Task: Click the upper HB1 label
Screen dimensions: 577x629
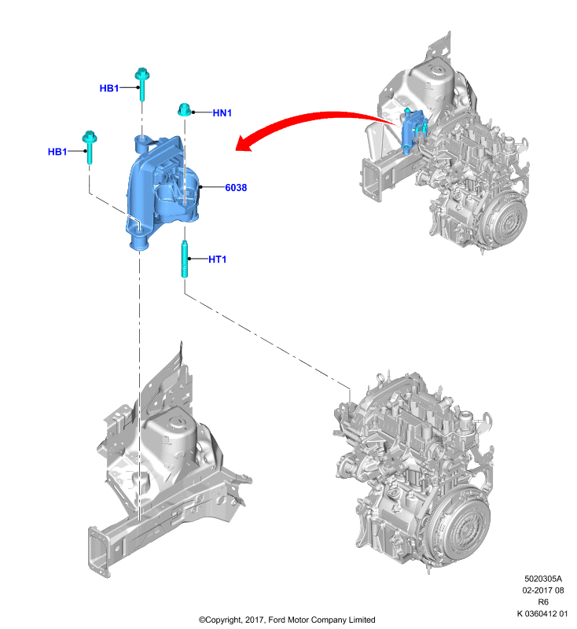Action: pos(109,88)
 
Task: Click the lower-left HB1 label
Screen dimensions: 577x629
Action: pos(57,152)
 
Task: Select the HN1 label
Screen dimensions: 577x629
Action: pos(222,113)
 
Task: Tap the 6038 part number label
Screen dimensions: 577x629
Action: pos(236,187)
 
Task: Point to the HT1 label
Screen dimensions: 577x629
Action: pos(217,259)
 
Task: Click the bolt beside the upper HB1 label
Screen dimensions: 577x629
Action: pos(142,84)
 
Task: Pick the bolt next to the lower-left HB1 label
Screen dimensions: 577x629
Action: pos(90,147)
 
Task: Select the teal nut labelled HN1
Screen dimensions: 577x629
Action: pos(184,109)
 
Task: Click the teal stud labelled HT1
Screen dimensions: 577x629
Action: pos(185,259)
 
